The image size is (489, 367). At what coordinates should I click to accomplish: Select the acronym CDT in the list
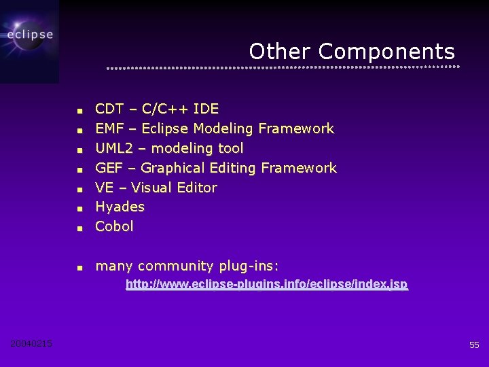point(109,109)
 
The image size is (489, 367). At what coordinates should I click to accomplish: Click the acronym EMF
point(109,128)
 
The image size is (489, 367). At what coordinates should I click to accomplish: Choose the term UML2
point(113,148)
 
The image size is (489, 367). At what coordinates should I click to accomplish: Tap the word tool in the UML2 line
point(230,148)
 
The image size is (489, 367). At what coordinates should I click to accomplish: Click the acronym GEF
point(109,168)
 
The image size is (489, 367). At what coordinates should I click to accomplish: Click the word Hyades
point(120,207)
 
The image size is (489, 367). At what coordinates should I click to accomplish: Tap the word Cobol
point(115,226)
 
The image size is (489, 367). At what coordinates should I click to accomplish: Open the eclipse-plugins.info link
point(267,284)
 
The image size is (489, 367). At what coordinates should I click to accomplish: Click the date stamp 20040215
point(31,344)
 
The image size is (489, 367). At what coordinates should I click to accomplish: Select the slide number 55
point(474,345)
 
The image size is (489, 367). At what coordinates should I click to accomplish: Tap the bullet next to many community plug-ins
point(79,268)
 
